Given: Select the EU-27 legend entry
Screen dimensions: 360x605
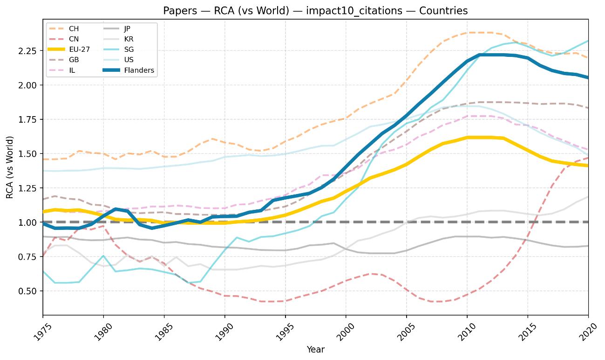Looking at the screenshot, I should [x=79, y=49].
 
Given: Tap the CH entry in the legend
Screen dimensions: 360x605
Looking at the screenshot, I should [x=73, y=28].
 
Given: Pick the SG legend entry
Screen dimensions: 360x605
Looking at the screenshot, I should [x=128, y=49].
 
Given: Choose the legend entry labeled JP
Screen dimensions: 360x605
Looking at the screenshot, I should [x=128, y=28].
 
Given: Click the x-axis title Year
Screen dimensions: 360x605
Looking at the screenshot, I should [x=315, y=349].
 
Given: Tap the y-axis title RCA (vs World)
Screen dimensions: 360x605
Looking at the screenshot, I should [x=10, y=167].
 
